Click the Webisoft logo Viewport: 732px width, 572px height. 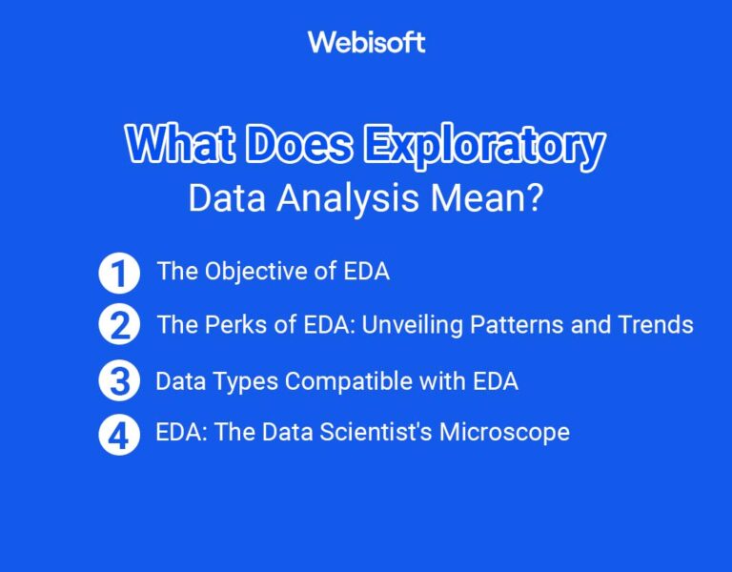(366, 42)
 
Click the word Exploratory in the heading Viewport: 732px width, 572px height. (486, 146)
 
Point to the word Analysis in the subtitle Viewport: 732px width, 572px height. (356, 197)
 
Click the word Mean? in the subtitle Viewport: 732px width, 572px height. (492, 197)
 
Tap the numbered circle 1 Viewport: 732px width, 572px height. (119, 274)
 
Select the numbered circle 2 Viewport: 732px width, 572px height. (119, 325)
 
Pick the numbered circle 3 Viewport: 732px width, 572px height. (119, 381)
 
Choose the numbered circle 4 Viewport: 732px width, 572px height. (119, 434)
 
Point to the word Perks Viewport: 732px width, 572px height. (230, 325)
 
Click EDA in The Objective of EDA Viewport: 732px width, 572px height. (367, 272)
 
